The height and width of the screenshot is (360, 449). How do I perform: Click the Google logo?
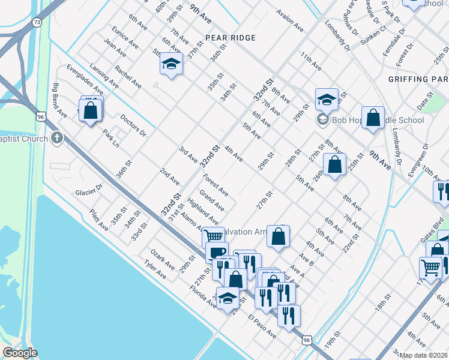[x=20, y=353]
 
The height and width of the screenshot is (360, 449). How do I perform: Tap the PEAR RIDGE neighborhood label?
[x=231, y=38]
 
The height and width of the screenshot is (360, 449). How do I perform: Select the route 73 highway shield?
[x=37, y=22]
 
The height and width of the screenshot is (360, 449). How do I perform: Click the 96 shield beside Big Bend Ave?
[x=41, y=115]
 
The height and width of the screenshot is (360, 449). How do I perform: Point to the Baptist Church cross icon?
[x=57, y=139]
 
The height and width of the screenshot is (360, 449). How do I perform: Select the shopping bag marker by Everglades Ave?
[x=90, y=110]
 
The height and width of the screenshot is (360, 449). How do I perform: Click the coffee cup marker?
[x=217, y=252]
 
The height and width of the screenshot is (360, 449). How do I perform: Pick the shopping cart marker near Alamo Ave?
[x=212, y=236]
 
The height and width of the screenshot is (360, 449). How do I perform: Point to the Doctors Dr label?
[x=133, y=125]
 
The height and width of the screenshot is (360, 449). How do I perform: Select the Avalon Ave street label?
[x=290, y=20]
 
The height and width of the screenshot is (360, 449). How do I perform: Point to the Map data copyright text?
[x=424, y=355]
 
